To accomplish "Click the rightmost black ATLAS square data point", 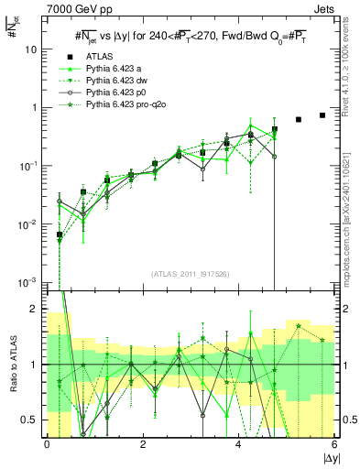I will [x=322, y=115].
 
